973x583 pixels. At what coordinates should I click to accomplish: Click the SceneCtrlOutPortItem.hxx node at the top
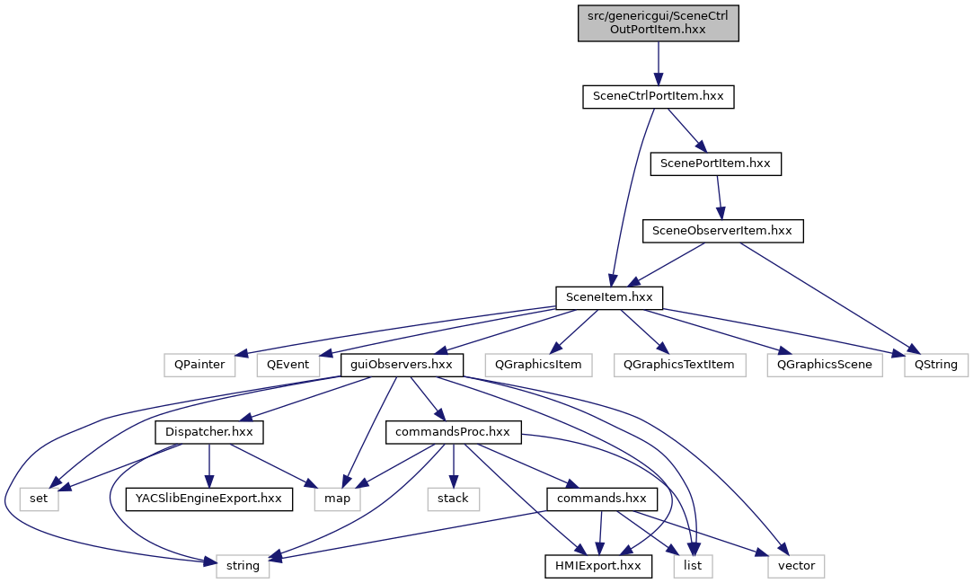(x=658, y=22)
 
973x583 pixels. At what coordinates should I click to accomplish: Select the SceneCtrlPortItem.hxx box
(x=658, y=96)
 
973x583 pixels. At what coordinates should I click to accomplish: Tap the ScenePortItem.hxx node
(x=716, y=163)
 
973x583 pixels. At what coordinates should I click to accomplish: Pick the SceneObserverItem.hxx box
(x=722, y=231)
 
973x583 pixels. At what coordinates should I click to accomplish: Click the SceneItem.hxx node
(x=609, y=297)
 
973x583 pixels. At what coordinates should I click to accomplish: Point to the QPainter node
(x=200, y=365)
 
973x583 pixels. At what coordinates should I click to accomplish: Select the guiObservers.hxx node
(x=402, y=365)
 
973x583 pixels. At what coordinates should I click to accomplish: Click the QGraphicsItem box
(x=539, y=365)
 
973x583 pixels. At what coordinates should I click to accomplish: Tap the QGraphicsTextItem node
(x=680, y=365)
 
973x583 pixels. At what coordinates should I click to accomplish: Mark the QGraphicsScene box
(x=826, y=365)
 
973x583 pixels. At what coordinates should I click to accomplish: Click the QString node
(x=935, y=365)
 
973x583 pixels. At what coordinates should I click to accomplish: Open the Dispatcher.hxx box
(x=208, y=432)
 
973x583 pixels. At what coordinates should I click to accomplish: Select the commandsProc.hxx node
(x=454, y=432)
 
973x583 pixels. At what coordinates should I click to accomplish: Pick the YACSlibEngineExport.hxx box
(x=209, y=499)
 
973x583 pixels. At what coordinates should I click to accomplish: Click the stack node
(x=454, y=499)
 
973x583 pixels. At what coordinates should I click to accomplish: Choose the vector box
(x=796, y=565)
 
